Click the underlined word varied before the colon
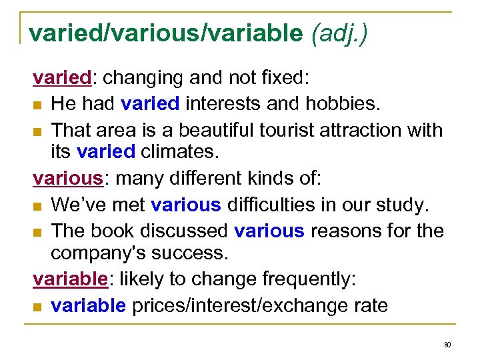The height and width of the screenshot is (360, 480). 62,78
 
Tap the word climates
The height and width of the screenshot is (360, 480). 179,153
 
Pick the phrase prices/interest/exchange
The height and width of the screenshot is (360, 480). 257,305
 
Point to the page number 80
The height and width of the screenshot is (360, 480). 447,345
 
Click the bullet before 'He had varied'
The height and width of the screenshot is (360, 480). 37,104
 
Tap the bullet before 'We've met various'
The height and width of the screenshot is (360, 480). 37,205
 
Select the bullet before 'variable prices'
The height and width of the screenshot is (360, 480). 37,306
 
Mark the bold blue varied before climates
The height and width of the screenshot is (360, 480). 106,153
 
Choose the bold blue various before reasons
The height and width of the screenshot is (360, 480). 269,230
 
